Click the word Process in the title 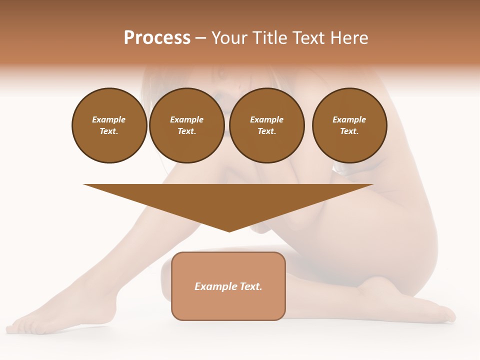157,38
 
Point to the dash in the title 200,38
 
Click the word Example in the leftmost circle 109,119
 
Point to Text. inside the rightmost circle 349,131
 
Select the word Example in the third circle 266,119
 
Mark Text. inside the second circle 187,131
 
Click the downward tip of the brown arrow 229,230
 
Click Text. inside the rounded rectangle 251,286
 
